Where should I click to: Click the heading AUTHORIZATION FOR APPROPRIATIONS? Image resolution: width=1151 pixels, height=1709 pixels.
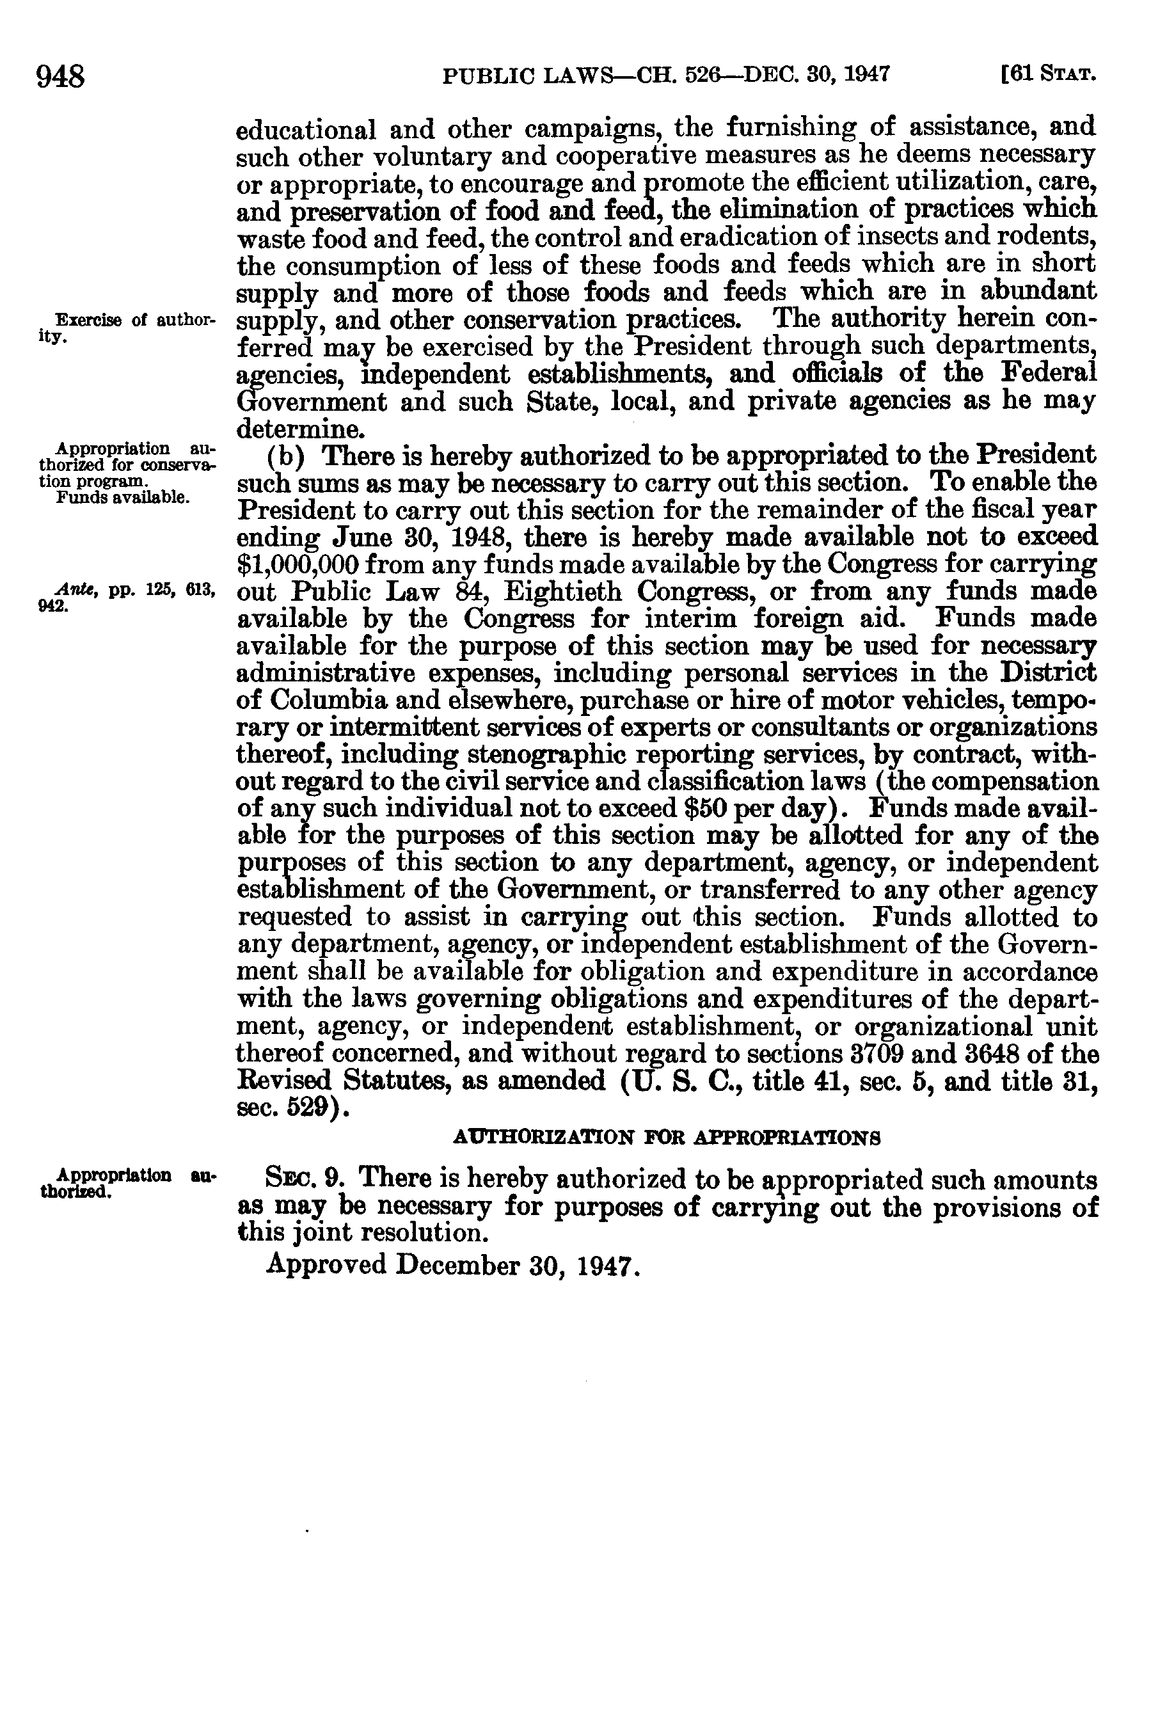tap(667, 1138)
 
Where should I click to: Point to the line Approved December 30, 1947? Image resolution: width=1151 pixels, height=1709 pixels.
tap(454, 1264)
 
